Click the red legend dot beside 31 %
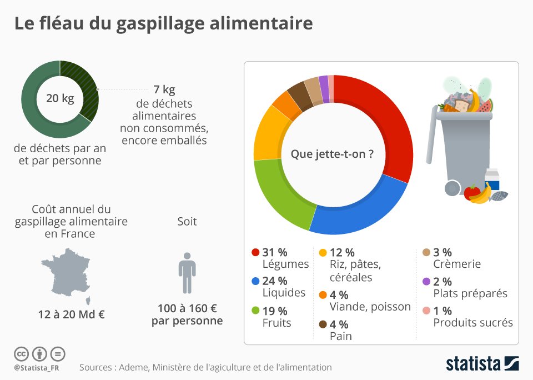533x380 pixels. point(255,252)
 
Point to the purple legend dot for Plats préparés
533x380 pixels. point(426,282)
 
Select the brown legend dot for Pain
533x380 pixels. point(323,324)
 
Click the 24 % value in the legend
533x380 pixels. point(275,282)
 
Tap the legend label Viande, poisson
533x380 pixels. point(370,307)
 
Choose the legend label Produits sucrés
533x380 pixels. point(473,322)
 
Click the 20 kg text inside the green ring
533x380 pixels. point(60,99)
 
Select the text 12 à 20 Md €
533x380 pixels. point(72,314)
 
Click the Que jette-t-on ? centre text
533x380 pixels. point(332,154)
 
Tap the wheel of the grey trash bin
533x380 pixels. point(453,189)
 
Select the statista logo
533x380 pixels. point(482,364)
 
